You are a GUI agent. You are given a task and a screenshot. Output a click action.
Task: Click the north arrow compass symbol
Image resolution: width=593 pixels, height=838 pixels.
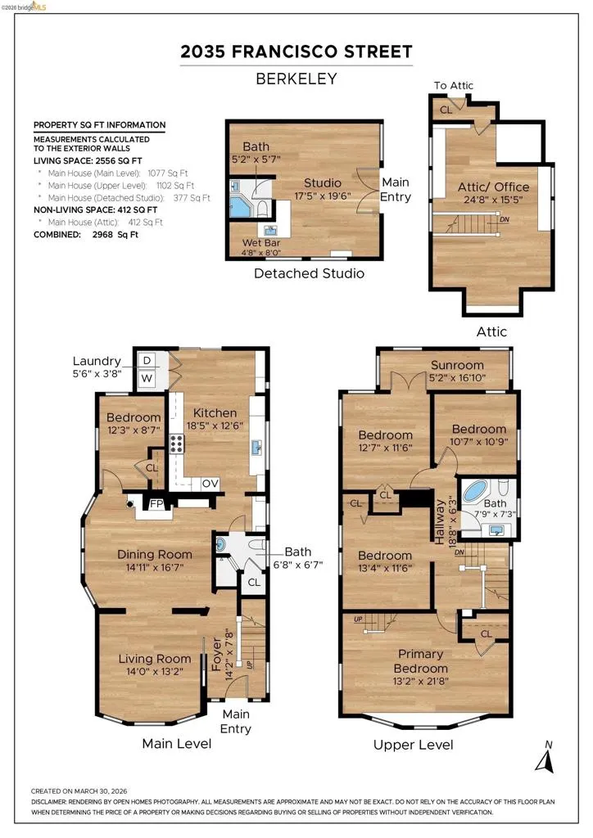click(545, 759)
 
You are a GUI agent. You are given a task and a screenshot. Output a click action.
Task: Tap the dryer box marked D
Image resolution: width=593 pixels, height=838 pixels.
click(147, 360)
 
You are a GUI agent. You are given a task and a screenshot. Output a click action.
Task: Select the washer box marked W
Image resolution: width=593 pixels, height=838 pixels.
click(147, 379)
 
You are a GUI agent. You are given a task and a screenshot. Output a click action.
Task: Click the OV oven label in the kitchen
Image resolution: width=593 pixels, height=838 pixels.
click(210, 484)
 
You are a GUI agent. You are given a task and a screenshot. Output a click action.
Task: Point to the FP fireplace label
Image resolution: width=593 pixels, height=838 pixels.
click(156, 504)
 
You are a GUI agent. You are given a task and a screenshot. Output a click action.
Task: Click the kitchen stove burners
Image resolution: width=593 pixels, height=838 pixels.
click(177, 444)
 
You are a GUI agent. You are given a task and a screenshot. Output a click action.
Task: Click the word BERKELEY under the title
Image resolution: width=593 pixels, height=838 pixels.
click(296, 79)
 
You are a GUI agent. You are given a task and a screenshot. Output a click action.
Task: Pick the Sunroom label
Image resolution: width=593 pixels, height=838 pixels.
click(457, 365)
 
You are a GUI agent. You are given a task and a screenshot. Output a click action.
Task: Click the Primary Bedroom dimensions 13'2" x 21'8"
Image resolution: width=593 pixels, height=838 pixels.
click(421, 682)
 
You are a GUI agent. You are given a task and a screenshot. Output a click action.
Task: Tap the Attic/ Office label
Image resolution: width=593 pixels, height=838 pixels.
click(494, 187)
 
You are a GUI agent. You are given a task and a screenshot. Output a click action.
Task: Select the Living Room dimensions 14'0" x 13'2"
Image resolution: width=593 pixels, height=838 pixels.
click(155, 672)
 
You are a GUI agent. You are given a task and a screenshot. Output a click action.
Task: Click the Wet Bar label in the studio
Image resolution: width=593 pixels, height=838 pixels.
click(261, 242)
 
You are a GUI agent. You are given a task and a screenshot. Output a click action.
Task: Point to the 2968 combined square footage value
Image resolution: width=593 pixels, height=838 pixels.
click(102, 235)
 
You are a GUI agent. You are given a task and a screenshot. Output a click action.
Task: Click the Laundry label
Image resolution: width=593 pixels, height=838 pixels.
click(97, 361)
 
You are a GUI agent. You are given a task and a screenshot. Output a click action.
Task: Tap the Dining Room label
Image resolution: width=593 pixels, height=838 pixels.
click(155, 554)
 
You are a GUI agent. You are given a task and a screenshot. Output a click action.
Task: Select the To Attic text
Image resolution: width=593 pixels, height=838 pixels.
click(454, 85)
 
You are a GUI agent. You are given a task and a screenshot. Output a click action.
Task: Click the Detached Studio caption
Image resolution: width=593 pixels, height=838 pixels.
click(309, 273)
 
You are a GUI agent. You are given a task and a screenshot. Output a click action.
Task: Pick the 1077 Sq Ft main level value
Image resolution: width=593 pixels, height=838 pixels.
click(168, 173)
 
